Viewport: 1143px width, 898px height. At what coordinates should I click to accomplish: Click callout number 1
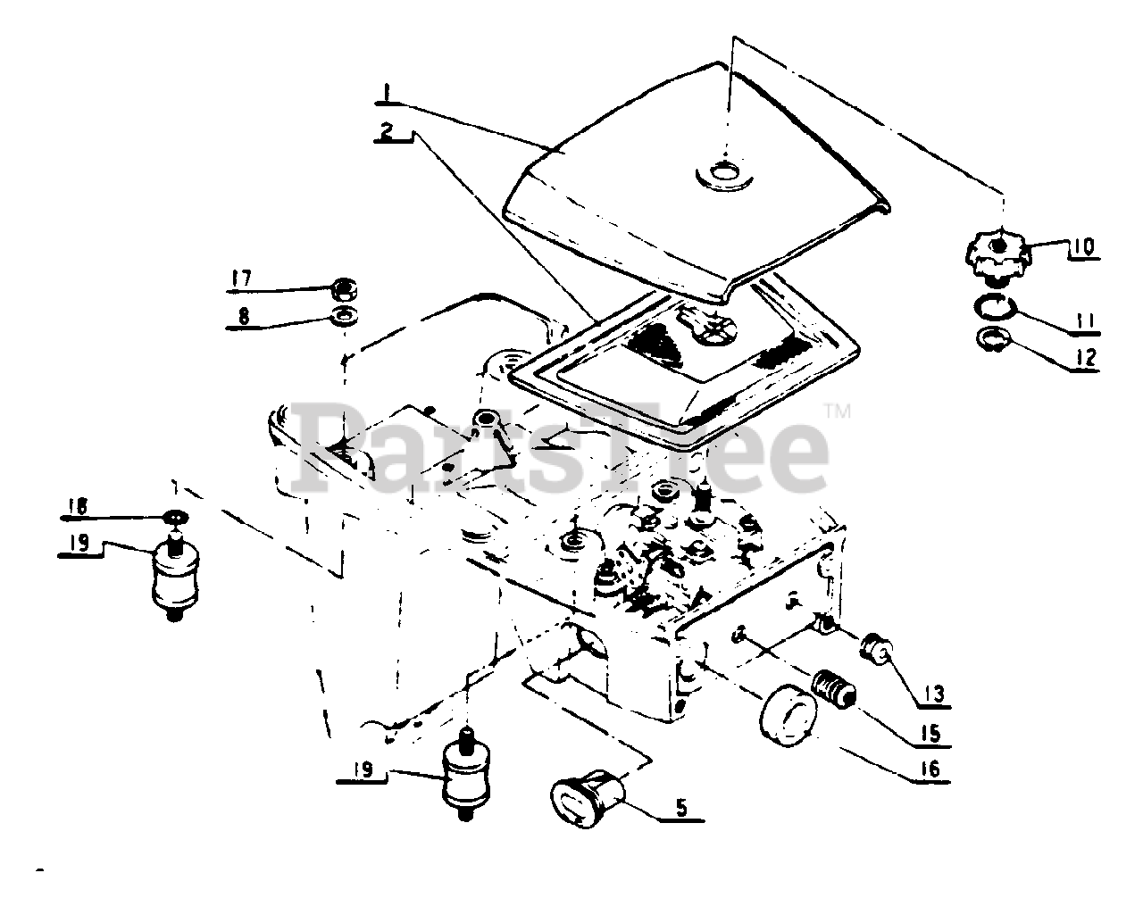click(385, 92)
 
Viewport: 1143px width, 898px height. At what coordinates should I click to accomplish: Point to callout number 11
click(1085, 318)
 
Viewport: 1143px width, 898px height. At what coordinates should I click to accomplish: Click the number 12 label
click(1085, 358)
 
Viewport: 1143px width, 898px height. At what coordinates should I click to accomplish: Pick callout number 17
click(242, 279)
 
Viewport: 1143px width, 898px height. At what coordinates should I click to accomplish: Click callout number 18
click(78, 507)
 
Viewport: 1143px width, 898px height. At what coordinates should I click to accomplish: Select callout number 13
click(935, 693)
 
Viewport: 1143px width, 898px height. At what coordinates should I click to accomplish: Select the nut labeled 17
click(342, 288)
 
